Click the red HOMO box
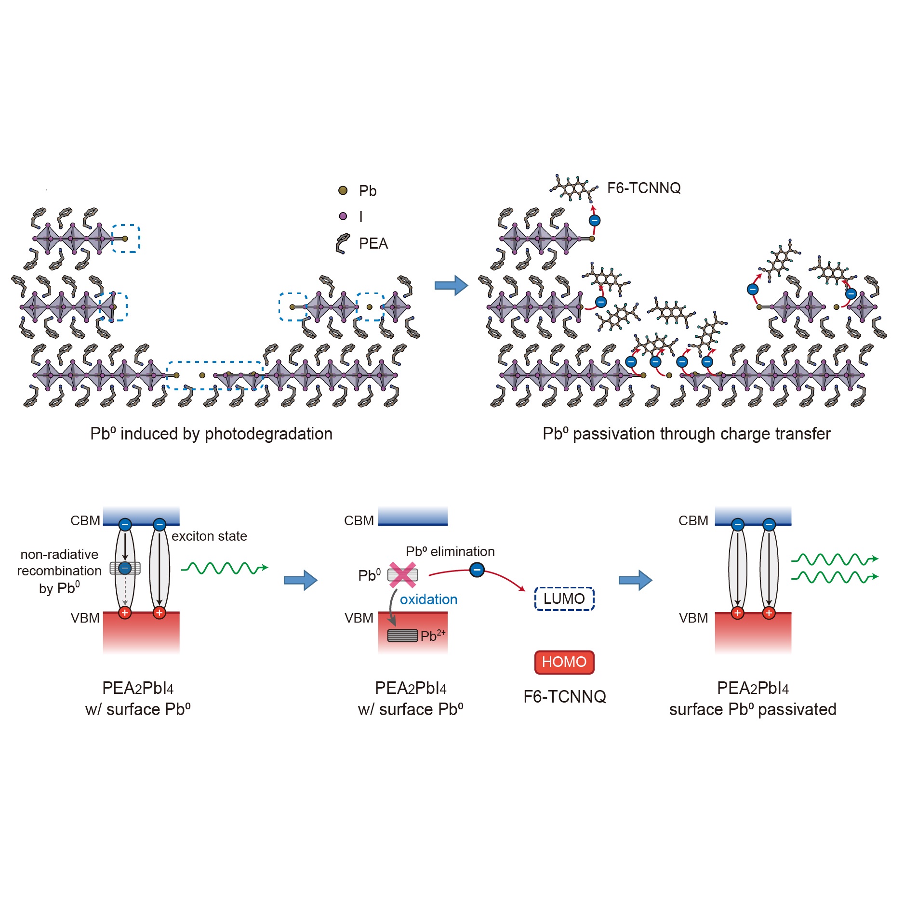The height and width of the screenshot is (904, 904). (564, 662)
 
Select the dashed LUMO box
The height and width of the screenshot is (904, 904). (564, 599)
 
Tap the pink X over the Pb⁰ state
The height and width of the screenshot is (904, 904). (402, 574)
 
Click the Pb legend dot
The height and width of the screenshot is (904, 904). (343, 191)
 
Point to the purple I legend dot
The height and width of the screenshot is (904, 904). (343, 216)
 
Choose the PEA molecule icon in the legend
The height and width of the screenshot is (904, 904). (343, 243)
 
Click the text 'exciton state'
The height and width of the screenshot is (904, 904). (209, 536)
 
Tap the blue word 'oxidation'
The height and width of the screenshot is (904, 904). (428, 599)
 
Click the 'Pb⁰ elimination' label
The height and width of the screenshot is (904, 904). (450, 552)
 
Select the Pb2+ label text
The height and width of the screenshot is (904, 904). (432, 636)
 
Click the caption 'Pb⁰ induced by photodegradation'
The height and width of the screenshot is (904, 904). (211, 434)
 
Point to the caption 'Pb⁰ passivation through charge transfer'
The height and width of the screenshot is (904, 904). (686, 434)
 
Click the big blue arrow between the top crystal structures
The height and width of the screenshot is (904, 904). (451, 285)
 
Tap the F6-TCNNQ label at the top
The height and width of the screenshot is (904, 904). (644, 188)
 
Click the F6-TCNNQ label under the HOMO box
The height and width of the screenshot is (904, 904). (564, 697)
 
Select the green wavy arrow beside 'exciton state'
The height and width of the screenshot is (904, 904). (224, 568)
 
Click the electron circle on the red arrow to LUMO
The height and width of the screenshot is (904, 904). (477, 570)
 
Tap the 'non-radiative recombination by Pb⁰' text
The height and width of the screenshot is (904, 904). (59, 571)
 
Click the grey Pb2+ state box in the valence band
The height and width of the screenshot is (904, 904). (402, 636)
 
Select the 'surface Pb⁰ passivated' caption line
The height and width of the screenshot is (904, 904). (752, 710)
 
